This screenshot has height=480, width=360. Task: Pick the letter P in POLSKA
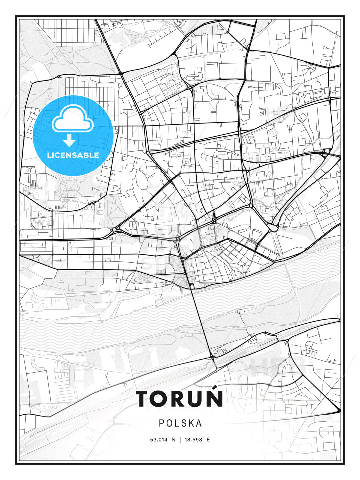pos(161,423)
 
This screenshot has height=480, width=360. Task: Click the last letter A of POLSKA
pos(199,423)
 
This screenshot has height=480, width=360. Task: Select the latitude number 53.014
pos(158,440)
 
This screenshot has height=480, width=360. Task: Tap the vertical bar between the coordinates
pos(180,440)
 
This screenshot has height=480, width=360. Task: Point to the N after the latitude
pos(173,440)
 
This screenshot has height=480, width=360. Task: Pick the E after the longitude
pos(208,440)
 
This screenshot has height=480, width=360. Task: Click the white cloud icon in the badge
pos(72,119)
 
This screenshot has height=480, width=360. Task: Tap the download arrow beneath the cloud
pos(69,140)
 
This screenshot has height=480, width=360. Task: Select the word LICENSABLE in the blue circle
pos(73,155)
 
